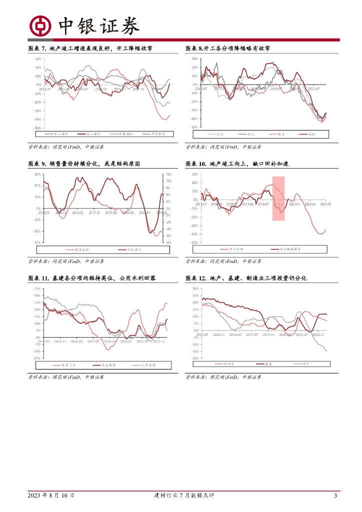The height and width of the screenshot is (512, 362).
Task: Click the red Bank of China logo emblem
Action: pyautogui.click(x=40, y=26)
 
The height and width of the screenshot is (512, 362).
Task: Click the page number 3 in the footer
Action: pyautogui.click(x=335, y=495)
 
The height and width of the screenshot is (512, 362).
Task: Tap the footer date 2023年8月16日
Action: pyautogui.click(x=51, y=495)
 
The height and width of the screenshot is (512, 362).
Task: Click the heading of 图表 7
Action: pyautogui.click(x=90, y=48)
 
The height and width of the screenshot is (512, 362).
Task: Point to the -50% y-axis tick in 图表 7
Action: pyautogui.click(x=37, y=128)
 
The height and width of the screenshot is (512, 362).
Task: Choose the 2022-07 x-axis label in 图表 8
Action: pyautogui.click(x=314, y=88)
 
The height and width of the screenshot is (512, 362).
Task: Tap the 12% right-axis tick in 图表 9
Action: pyautogui.click(x=168, y=174)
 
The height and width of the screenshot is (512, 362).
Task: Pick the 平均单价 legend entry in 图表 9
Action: pyautogui.click(x=129, y=249)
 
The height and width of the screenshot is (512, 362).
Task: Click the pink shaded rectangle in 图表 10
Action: pyautogui.click(x=278, y=198)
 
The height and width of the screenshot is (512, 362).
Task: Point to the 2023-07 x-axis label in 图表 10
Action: pyautogui.click(x=326, y=203)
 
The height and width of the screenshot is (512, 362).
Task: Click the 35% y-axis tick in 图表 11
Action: pyautogui.click(x=37, y=288)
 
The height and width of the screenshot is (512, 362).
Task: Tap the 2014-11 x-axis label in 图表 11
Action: pyautogui.click(x=60, y=341)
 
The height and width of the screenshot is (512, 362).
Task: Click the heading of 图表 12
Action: pyautogui.click(x=246, y=278)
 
